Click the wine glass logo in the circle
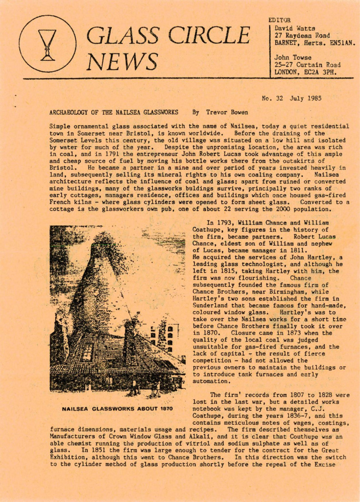click(48, 45)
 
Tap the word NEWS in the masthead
click(122, 61)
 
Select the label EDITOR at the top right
click(280, 20)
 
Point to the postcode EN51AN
click(342, 43)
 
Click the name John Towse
click(293, 57)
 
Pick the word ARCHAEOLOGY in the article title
click(72, 112)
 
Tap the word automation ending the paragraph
click(211, 380)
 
